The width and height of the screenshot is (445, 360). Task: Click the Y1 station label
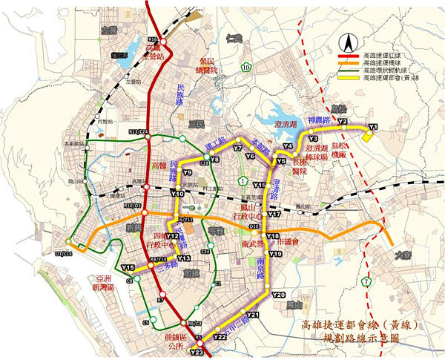pos(373,127)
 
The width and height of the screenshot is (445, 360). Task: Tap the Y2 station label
pos(343,120)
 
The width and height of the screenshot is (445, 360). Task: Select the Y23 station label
pos(197,353)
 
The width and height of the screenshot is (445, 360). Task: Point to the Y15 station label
pos(128,267)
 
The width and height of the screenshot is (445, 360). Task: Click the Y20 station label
pos(278,295)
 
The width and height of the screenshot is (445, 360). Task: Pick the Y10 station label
pos(177,193)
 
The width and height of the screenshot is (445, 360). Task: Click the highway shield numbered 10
pos(245,68)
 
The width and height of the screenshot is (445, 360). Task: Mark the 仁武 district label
pos(236,37)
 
